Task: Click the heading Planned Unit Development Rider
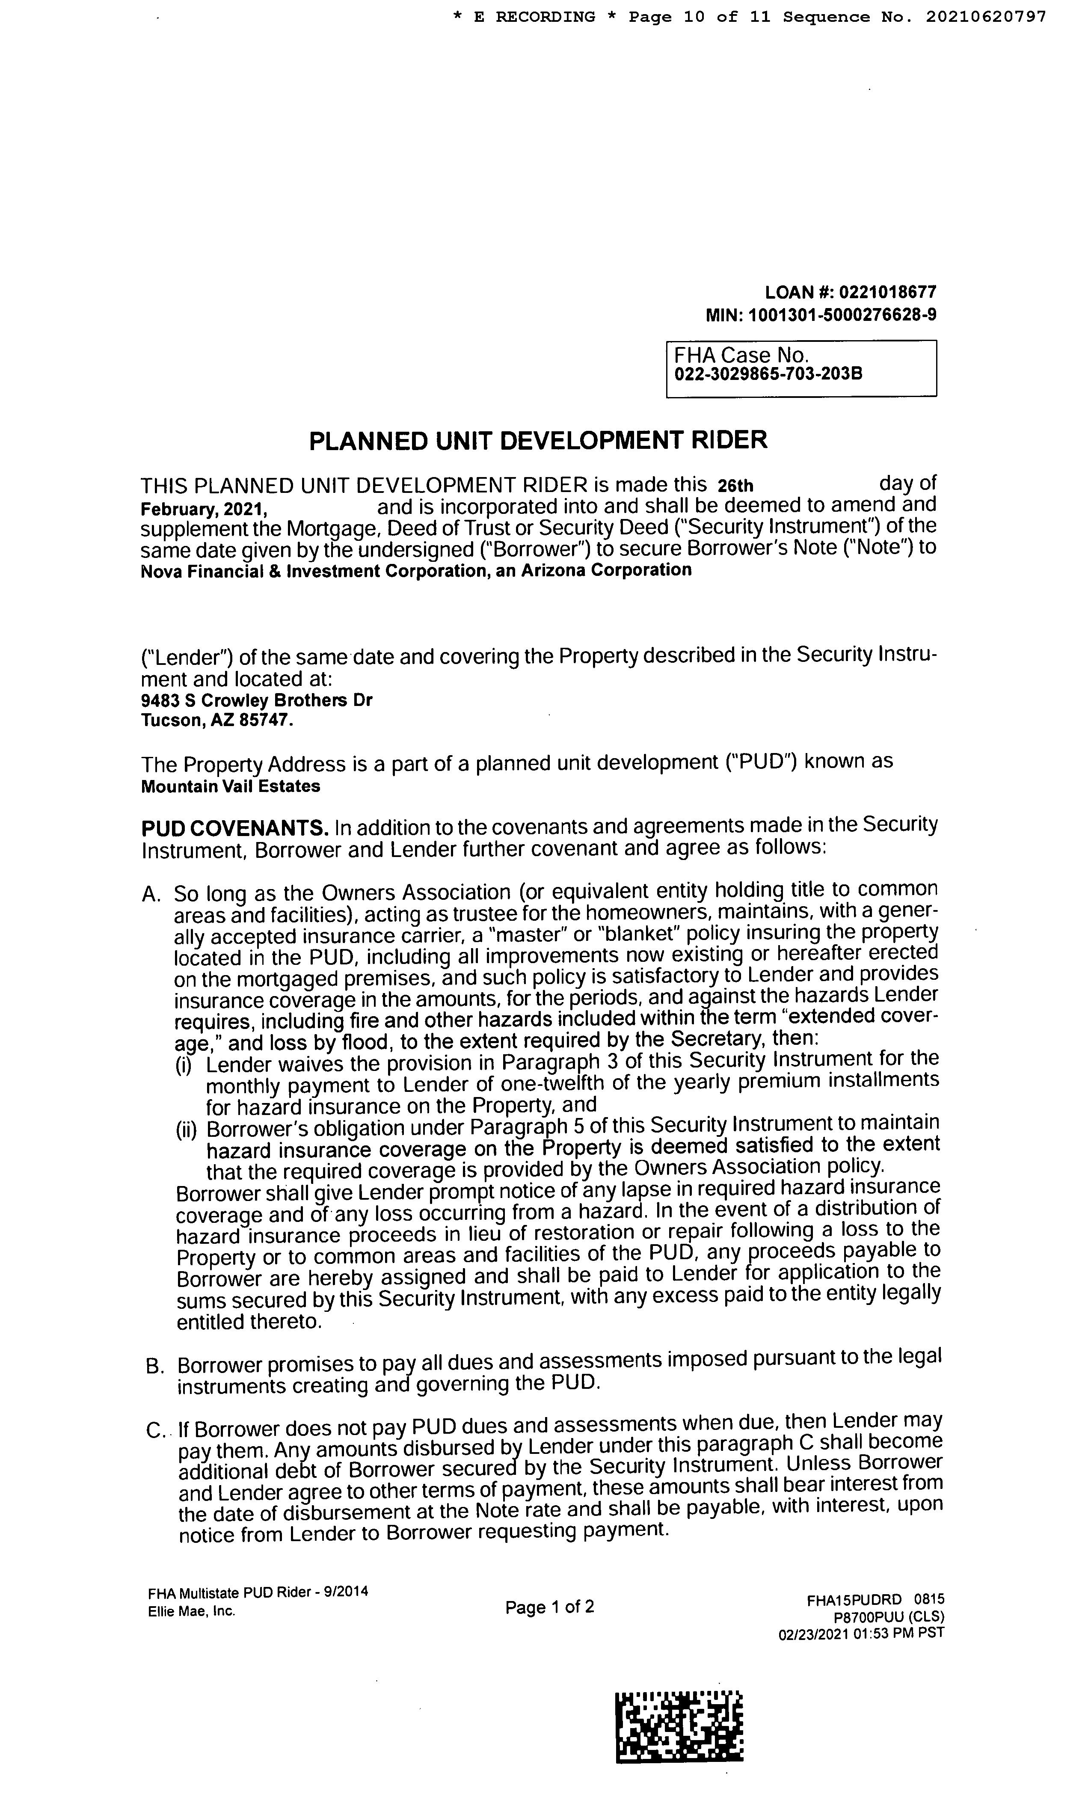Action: pos(538,441)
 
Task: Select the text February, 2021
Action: pos(204,507)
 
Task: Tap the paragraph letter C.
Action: pos(154,1431)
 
